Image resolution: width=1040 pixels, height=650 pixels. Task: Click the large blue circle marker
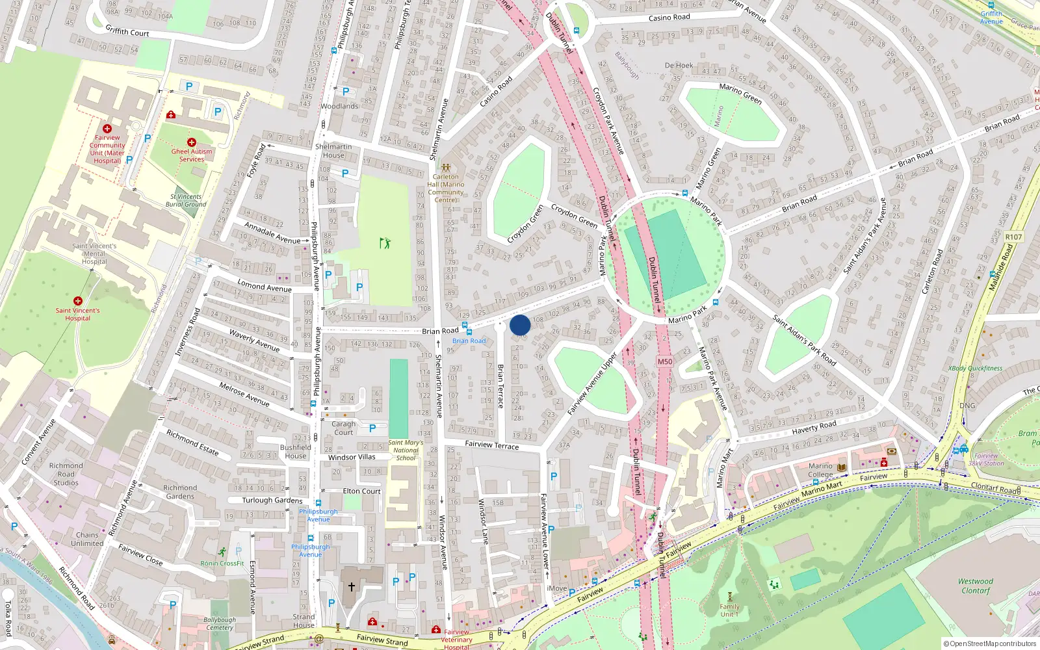pyautogui.click(x=520, y=325)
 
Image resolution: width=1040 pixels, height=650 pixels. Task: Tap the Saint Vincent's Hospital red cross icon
pyautogui.click(x=78, y=301)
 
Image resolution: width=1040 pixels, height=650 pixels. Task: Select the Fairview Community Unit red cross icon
pyautogui.click(x=107, y=129)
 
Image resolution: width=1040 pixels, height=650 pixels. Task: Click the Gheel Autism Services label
pyautogui.click(x=192, y=155)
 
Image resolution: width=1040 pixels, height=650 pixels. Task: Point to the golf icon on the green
pyautogui.click(x=385, y=243)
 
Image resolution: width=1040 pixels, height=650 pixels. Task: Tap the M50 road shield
pyautogui.click(x=665, y=362)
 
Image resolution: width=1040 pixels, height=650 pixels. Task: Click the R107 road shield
pyautogui.click(x=1013, y=237)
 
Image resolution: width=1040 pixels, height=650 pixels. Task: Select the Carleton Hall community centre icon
pyautogui.click(x=446, y=167)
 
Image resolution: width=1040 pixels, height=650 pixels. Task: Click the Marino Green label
pyautogui.click(x=740, y=94)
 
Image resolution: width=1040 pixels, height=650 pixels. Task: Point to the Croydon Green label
pyautogui.click(x=525, y=224)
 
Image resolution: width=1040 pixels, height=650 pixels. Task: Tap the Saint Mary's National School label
pyautogui.click(x=406, y=450)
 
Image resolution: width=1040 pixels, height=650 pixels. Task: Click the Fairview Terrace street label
pyautogui.click(x=492, y=445)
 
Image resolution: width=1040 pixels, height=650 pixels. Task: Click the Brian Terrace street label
pyautogui.click(x=500, y=386)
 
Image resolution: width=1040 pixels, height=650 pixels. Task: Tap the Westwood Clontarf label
pyautogui.click(x=976, y=586)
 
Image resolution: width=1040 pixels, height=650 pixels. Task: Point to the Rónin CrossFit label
pyautogui.click(x=222, y=564)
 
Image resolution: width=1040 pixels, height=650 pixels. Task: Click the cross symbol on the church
pyautogui.click(x=352, y=587)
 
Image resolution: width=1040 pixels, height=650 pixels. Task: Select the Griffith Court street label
pyautogui.click(x=127, y=31)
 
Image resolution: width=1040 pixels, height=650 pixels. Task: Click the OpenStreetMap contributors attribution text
pyautogui.click(x=990, y=643)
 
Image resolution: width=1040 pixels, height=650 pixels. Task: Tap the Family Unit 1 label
pyautogui.click(x=729, y=610)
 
